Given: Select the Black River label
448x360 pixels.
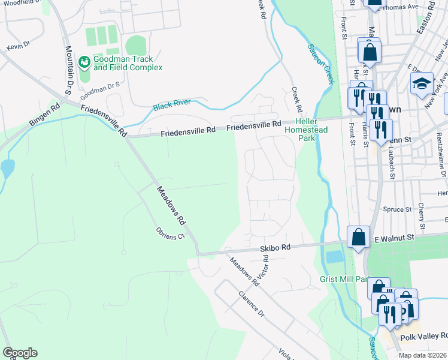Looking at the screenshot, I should [171, 103].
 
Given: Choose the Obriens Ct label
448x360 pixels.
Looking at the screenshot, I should [169, 234].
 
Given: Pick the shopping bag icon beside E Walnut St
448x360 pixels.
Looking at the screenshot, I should [358, 236].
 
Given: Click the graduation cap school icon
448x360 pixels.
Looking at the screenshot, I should [422, 83].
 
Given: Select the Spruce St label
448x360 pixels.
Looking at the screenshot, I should [400, 210].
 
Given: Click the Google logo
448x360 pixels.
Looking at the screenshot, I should [20, 352].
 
